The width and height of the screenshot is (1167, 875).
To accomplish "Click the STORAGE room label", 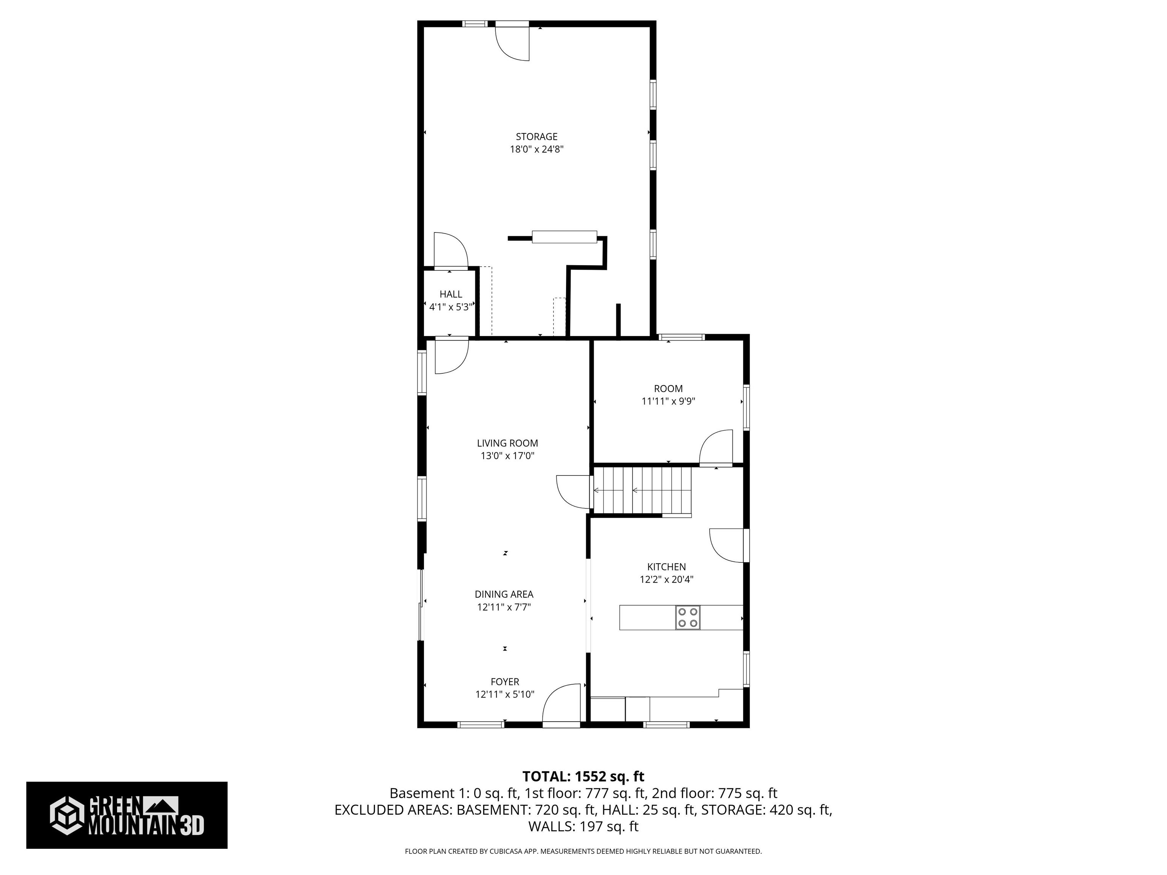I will click(536, 137).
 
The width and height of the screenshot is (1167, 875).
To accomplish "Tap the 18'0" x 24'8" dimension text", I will click(536, 149).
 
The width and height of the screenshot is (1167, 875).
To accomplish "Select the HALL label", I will click(451, 294).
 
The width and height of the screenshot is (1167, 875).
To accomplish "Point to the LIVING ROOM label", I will click(508, 444).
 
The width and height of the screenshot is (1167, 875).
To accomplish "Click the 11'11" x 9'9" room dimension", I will click(668, 401).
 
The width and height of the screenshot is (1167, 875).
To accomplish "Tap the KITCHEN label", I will click(666, 567).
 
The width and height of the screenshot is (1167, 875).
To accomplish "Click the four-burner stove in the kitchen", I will click(688, 618).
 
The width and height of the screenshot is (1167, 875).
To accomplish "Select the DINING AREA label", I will click(504, 594).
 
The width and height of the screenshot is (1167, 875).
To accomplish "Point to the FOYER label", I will click(505, 682).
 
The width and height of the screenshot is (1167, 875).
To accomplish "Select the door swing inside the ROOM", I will click(716, 447).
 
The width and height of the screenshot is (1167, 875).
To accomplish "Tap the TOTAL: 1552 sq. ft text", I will click(583, 776).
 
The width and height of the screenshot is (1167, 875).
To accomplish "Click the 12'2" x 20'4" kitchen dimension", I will click(666, 580).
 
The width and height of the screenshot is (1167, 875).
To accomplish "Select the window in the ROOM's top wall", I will click(681, 337).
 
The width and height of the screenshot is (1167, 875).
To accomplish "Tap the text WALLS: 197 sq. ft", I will click(583, 826).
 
